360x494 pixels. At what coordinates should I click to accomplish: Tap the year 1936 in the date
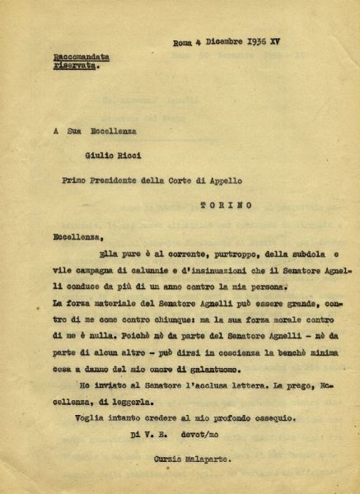pyautogui.click(x=258, y=40)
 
